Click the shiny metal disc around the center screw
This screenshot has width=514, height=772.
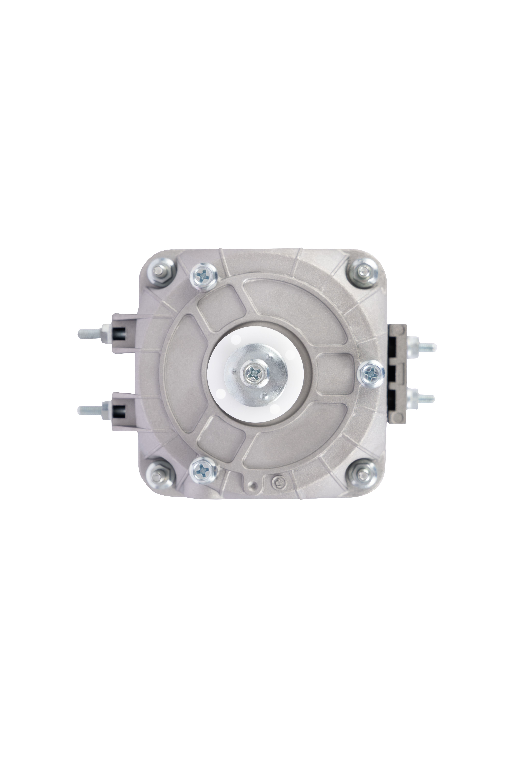pyautogui.click(x=269, y=361)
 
